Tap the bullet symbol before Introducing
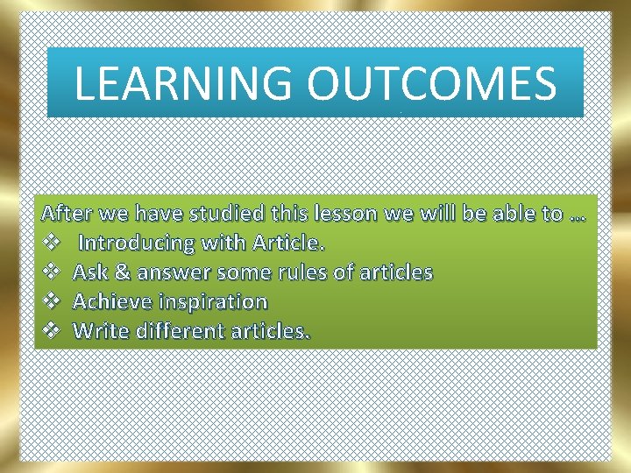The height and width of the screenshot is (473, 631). pyautogui.click(x=52, y=243)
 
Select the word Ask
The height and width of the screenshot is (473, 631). pyautogui.click(x=90, y=272)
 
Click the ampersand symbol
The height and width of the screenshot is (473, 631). pyautogui.click(x=124, y=272)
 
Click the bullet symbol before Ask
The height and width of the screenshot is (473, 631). pyautogui.click(x=52, y=272)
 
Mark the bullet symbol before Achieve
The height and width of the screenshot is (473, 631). pyautogui.click(x=52, y=301)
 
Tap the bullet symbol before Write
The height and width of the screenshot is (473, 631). pyautogui.click(x=52, y=331)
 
